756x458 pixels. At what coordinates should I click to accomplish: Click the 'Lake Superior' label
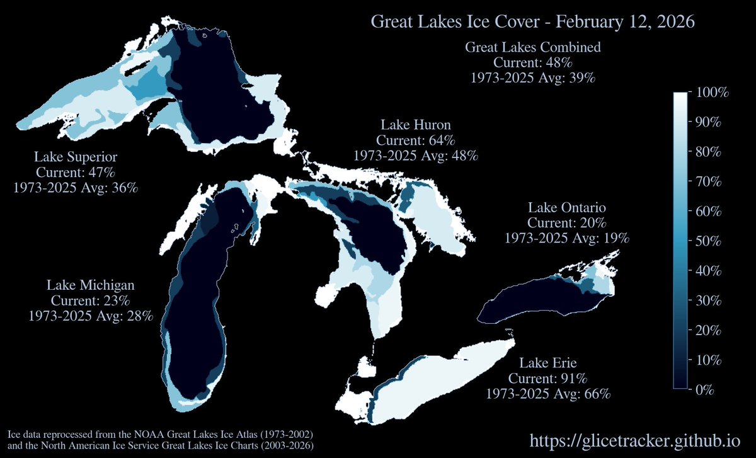[x=76, y=156]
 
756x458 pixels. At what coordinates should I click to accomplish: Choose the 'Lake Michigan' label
[x=91, y=285]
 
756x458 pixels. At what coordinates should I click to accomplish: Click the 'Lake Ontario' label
[x=567, y=207]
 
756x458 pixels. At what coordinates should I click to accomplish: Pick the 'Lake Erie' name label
[x=548, y=363]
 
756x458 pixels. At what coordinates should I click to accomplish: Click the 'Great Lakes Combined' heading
[x=532, y=47]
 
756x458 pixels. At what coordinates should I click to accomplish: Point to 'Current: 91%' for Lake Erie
[x=548, y=379]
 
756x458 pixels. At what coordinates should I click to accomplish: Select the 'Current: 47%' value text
[x=76, y=172]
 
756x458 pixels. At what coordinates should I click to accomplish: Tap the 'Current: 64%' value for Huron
[x=416, y=139]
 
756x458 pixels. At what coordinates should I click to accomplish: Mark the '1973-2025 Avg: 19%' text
[x=567, y=238]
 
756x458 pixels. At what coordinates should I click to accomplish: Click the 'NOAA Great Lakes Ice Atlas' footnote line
[x=160, y=435]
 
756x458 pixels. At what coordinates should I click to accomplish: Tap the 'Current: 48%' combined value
[x=532, y=63]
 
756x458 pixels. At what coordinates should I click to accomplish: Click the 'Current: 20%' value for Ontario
[x=567, y=223]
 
